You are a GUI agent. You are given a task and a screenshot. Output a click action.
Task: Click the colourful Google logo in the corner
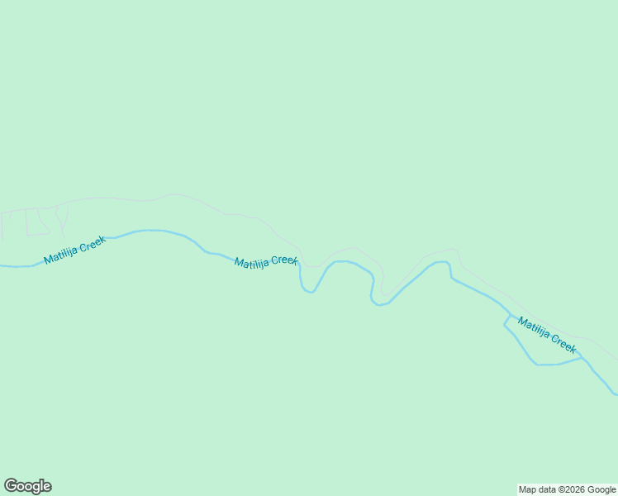point(27,486)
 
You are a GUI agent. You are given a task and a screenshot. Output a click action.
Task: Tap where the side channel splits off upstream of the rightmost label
point(506,318)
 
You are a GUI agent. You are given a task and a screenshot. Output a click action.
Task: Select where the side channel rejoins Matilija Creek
point(581,357)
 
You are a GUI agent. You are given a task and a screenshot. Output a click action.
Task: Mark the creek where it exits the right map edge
point(614,393)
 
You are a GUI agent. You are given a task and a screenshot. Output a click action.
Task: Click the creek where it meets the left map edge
point(2,265)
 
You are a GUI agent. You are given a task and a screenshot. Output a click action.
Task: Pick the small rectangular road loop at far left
point(37,223)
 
